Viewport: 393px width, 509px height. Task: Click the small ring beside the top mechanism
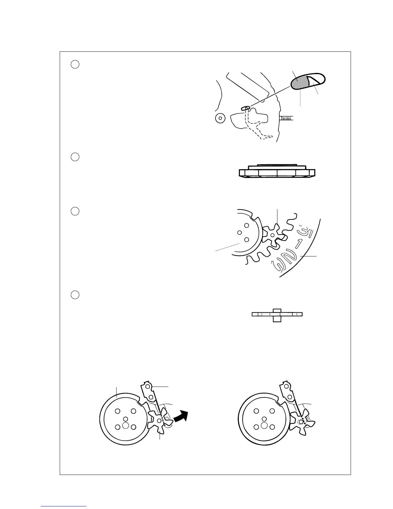click(x=220, y=118)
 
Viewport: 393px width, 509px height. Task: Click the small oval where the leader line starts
click(x=246, y=108)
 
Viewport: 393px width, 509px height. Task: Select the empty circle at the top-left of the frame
click(x=75, y=64)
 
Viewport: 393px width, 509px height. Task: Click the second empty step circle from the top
click(x=75, y=157)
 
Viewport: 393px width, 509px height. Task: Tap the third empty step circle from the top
click(x=75, y=211)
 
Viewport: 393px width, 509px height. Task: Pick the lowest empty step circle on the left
click(x=75, y=295)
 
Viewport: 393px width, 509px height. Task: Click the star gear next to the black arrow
click(x=159, y=420)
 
